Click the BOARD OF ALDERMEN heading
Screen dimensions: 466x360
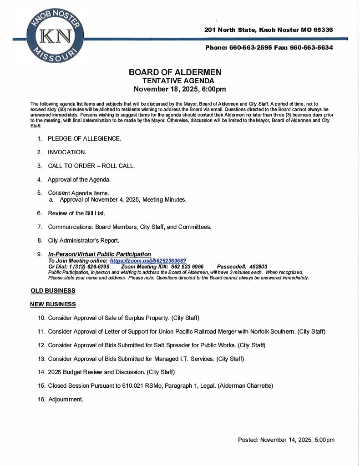click(x=175, y=72)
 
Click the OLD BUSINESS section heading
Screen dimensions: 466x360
click(x=53, y=290)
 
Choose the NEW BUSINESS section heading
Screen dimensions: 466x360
click(x=53, y=304)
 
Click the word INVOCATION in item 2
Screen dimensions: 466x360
click(x=67, y=152)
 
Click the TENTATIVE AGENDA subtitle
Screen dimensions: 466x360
click(x=175, y=81)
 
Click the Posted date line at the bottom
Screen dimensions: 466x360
click(x=286, y=440)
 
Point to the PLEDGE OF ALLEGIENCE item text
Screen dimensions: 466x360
click(x=84, y=138)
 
